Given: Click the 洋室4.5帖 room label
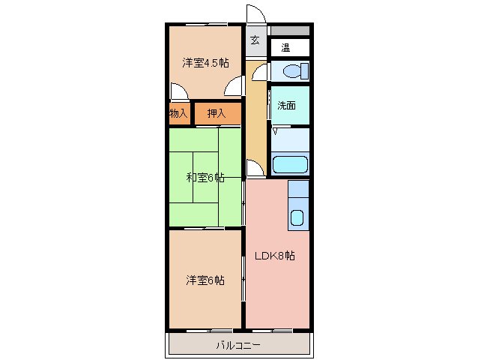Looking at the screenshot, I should pos(205,63).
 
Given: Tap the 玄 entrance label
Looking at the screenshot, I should pos(255,40).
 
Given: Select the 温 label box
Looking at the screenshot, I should pos(285,48).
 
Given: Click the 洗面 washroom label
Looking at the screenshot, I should pos(286,106).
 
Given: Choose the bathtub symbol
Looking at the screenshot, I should pos(289,164).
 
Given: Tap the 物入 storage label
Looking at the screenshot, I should pos(178,114).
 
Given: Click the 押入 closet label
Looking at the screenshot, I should pos(217,114).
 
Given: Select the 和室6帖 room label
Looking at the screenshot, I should pos(205,178).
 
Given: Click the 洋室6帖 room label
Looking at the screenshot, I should pos(205,280).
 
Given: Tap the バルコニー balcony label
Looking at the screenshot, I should pos(238,346).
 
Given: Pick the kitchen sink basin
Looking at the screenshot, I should pos(297,220).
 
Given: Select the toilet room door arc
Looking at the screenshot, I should pos(259,72).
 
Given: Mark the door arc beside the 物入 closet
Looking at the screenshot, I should pos(178,92).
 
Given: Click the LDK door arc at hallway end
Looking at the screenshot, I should pos(255,169).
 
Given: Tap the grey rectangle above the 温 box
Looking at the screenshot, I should pos(289,31).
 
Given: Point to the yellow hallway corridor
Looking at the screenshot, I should pos(256,120).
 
